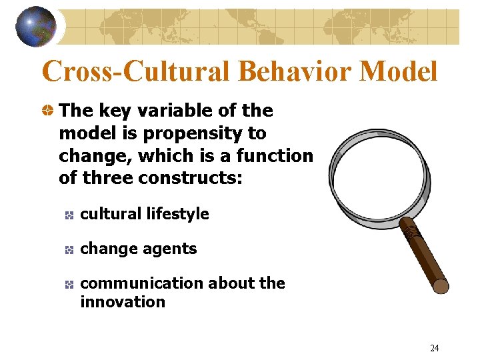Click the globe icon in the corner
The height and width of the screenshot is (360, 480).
tap(36, 27)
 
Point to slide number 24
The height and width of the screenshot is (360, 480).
tap(434, 348)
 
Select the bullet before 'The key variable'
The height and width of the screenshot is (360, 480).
tap(47, 111)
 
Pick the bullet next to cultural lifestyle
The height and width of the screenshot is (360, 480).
tap(69, 215)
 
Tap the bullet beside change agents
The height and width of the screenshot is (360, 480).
tap(69, 249)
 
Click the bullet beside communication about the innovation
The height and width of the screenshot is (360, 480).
tap(69, 284)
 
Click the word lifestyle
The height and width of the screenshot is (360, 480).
tap(178, 214)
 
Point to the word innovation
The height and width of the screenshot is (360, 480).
tap(122, 302)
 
